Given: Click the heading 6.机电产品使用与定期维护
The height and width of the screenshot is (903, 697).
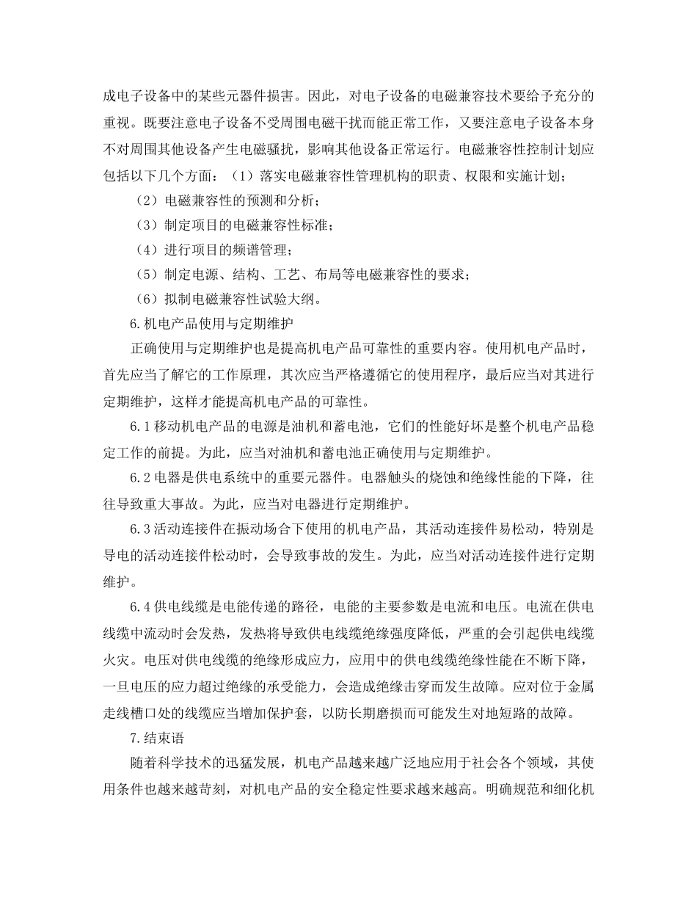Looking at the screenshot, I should tap(212, 322).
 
